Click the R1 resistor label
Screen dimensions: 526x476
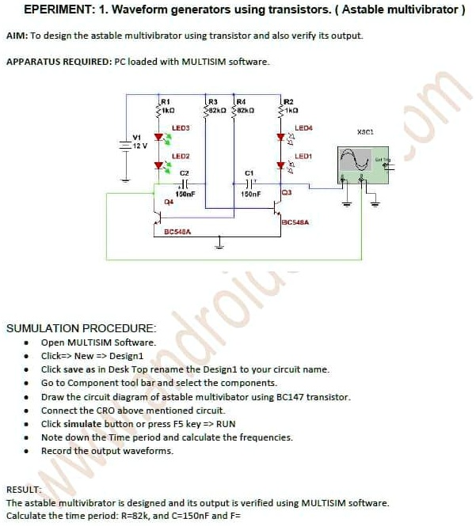(166, 101)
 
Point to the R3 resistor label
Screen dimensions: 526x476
(211, 101)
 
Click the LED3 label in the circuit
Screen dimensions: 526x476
(181, 127)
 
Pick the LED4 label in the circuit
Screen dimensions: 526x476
(303, 127)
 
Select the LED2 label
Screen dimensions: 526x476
(181, 157)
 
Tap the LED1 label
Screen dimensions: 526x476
(303, 157)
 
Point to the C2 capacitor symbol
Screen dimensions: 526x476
(185, 183)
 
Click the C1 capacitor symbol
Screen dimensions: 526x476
(249, 183)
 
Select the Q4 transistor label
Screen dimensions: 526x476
(168, 202)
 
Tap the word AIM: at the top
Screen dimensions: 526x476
(17, 36)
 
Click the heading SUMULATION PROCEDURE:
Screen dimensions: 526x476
(82, 327)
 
